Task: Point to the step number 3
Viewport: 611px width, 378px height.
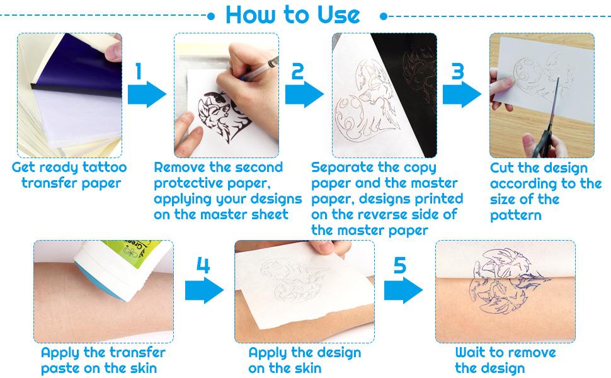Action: tap(457, 71)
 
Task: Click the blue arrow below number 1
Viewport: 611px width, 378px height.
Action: tap(147, 95)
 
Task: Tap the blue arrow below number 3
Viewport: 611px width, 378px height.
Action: tap(462, 95)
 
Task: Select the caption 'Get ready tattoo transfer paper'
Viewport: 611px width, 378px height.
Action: tap(69, 175)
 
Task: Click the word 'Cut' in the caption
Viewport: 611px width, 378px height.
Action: tap(503, 168)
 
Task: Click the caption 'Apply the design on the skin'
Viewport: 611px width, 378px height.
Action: tap(304, 360)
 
